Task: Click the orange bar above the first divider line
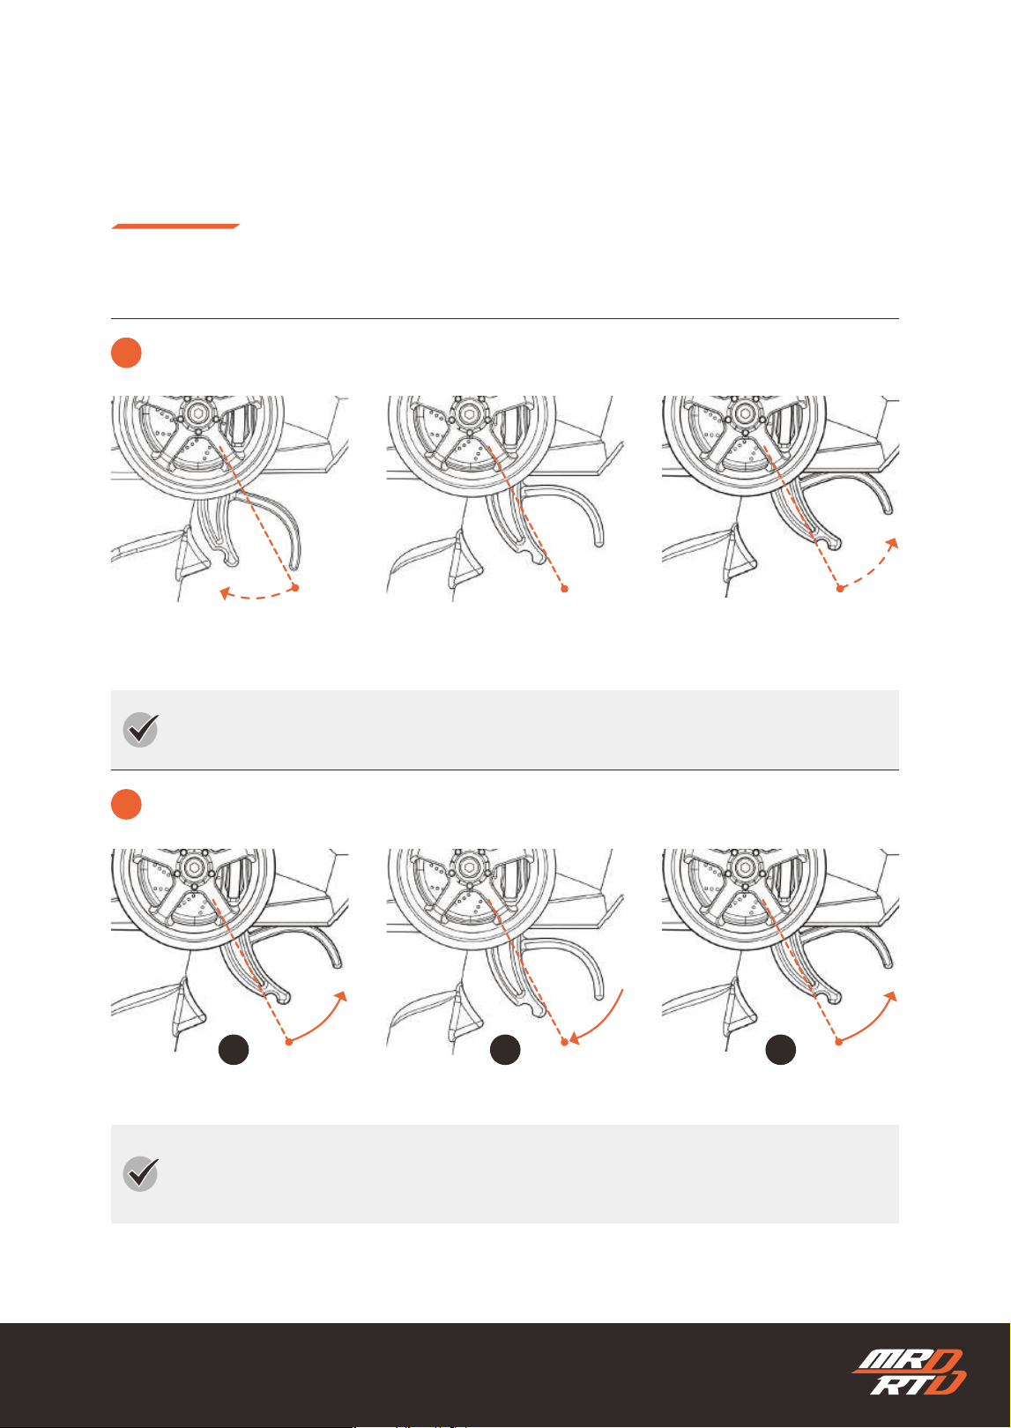175,227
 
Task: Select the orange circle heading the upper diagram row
126,353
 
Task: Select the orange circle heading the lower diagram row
126,804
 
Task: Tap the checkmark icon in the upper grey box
140,729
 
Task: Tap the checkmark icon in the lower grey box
140,1173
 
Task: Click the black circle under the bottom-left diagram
234,1050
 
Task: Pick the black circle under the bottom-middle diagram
505,1050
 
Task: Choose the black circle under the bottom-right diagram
780,1050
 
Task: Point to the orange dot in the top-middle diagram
564,589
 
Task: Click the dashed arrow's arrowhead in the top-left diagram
225,594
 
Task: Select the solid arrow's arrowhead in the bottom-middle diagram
575,1039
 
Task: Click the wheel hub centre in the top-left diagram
197,413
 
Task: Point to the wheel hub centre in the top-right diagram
744,413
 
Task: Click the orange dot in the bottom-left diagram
289,1042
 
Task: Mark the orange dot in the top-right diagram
839,589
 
